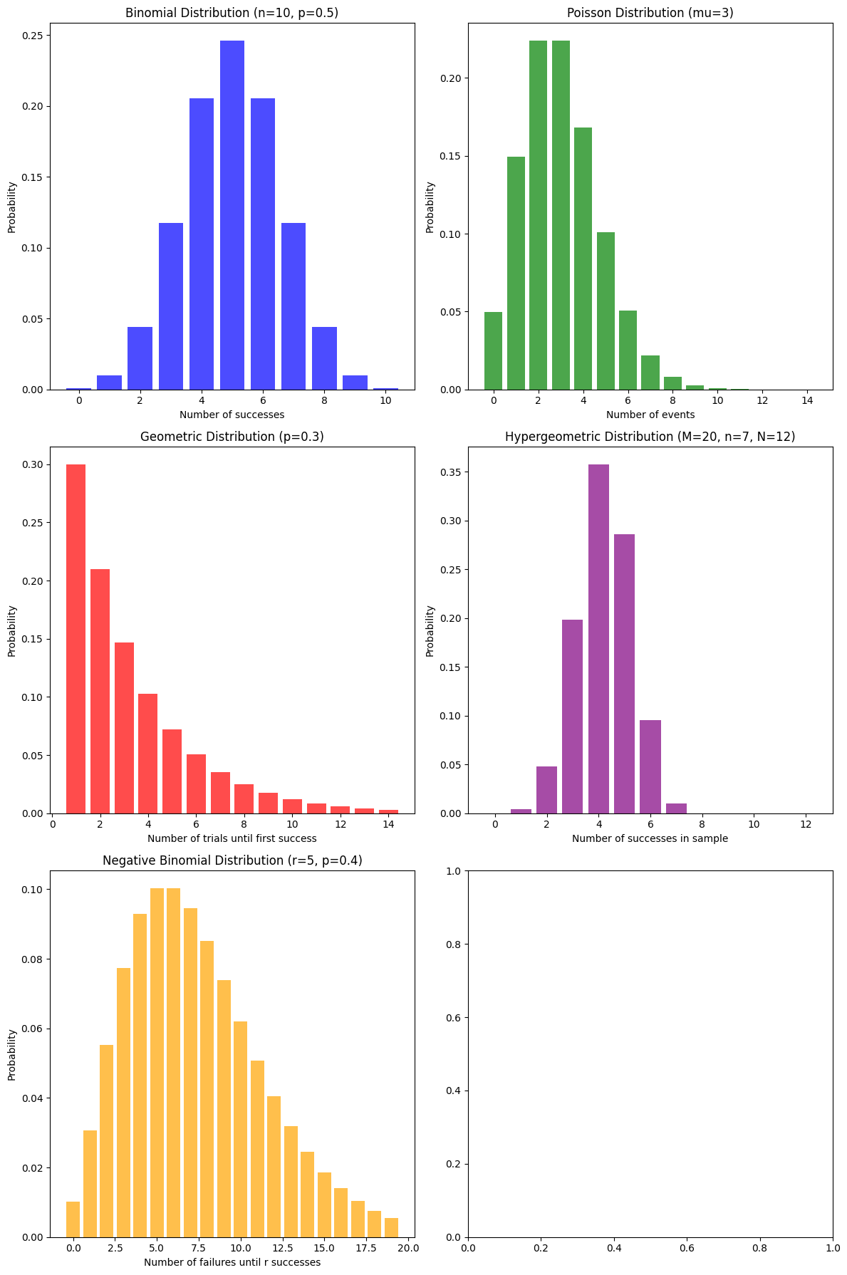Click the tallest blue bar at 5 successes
pyautogui.click(x=232, y=214)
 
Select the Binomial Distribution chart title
pyautogui.click(x=232, y=13)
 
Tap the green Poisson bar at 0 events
pyautogui.click(x=493, y=351)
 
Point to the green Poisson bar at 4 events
pyautogui.click(x=583, y=259)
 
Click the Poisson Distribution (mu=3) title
pyautogui.click(x=650, y=13)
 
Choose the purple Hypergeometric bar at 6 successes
pyautogui.click(x=650, y=767)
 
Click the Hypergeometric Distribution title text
pyautogui.click(x=650, y=437)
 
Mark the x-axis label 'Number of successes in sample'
pyautogui.click(x=650, y=838)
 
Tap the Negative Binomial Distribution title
pyautogui.click(x=232, y=860)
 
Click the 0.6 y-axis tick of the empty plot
pyautogui.click(x=453, y=1018)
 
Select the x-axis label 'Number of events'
pyautogui.click(x=650, y=415)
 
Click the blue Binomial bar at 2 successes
pyautogui.click(x=140, y=358)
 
